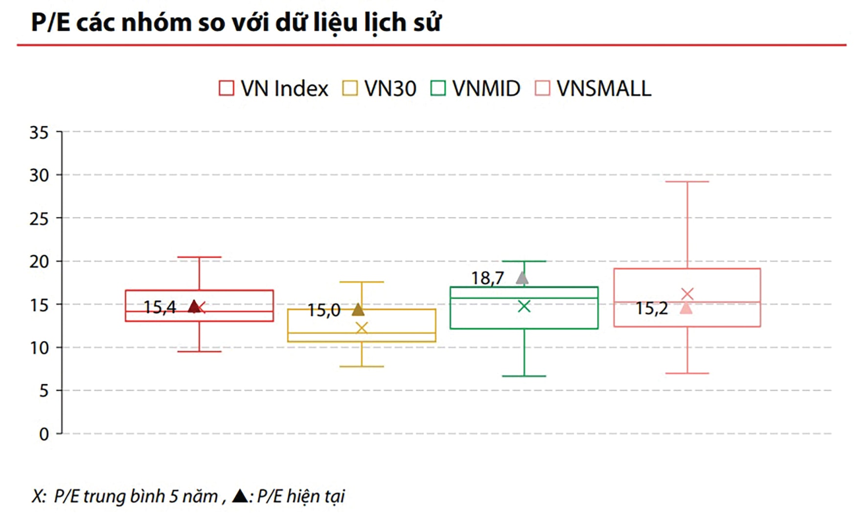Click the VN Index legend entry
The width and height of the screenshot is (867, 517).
[273, 89]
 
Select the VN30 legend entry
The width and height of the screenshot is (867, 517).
[379, 89]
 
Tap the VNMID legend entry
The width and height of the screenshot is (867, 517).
[475, 89]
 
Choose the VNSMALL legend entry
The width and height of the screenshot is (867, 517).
[593, 89]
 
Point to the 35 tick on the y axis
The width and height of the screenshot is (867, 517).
[39, 132]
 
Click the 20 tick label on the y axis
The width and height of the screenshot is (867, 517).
[39, 262]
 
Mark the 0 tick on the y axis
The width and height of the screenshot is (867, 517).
[44, 434]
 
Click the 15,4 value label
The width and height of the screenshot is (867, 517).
[160, 307]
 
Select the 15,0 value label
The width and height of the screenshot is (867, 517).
[324, 310]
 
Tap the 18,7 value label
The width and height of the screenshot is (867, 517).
[487, 279]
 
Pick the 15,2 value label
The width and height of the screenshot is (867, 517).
[652, 308]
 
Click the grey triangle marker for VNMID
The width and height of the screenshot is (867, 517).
[522, 278]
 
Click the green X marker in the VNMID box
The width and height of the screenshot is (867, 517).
[524, 306]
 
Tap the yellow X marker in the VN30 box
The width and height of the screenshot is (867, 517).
[362, 328]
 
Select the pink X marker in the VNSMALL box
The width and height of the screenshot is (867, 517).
[687, 294]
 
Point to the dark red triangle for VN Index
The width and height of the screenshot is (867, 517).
[194, 307]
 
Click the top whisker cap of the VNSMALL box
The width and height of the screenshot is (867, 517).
[687, 182]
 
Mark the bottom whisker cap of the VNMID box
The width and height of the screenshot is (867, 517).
[524, 376]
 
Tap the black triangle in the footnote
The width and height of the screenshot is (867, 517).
[240, 496]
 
